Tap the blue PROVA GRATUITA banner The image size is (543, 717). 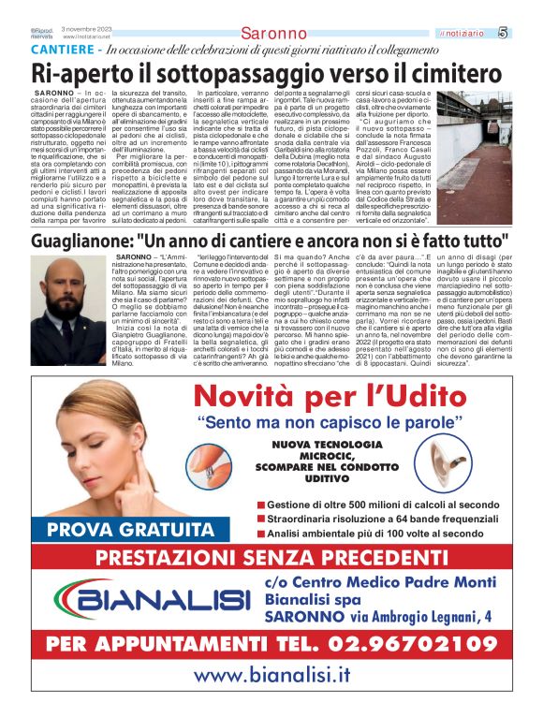pos(105,528)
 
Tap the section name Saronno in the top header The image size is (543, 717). pos(273,35)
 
